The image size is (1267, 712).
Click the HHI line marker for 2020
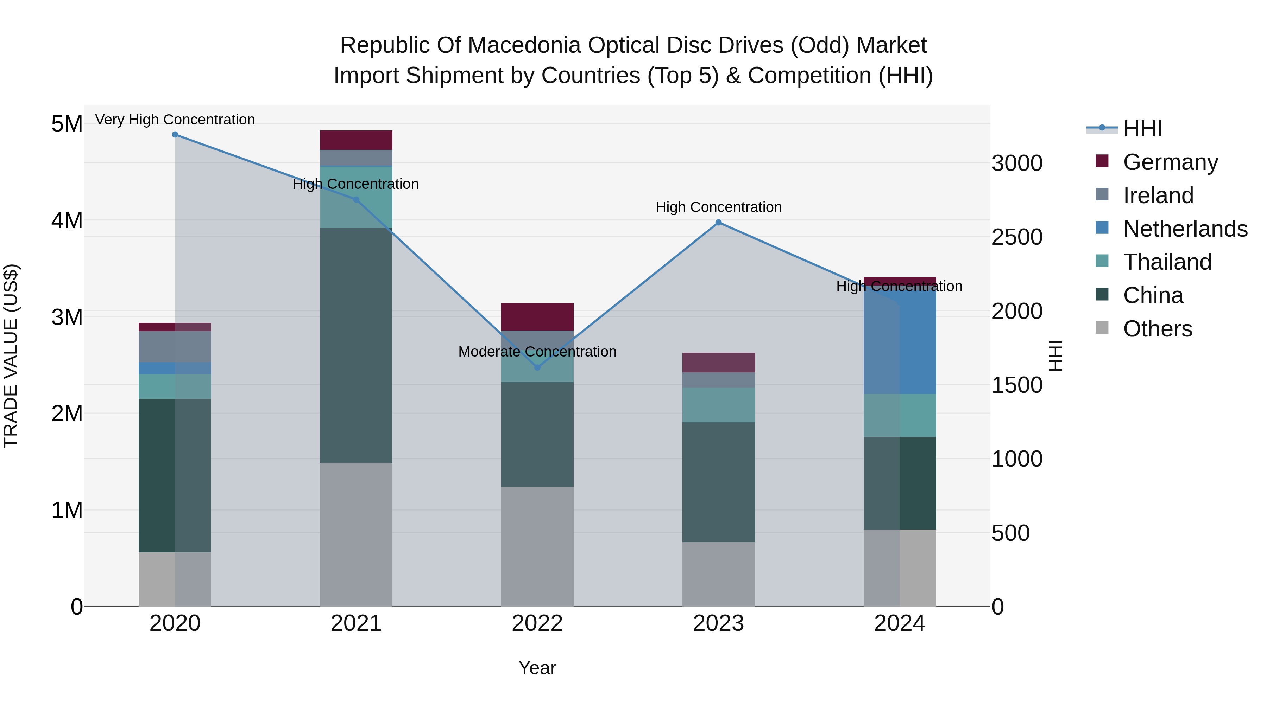(x=175, y=135)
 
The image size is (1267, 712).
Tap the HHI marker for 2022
(x=537, y=367)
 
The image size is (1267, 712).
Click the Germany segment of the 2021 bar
(x=356, y=140)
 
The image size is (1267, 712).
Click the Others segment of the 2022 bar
(x=537, y=546)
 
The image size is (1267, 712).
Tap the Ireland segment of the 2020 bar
(x=175, y=347)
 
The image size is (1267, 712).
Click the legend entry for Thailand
(x=1167, y=262)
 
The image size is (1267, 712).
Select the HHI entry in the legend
(x=1142, y=129)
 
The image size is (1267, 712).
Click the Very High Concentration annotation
(x=175, y=120)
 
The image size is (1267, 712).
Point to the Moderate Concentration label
(x=537, y=352)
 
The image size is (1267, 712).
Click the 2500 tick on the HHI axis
(x=1017, y=237)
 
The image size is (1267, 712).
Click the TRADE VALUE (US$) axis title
(x=11, y=356)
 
